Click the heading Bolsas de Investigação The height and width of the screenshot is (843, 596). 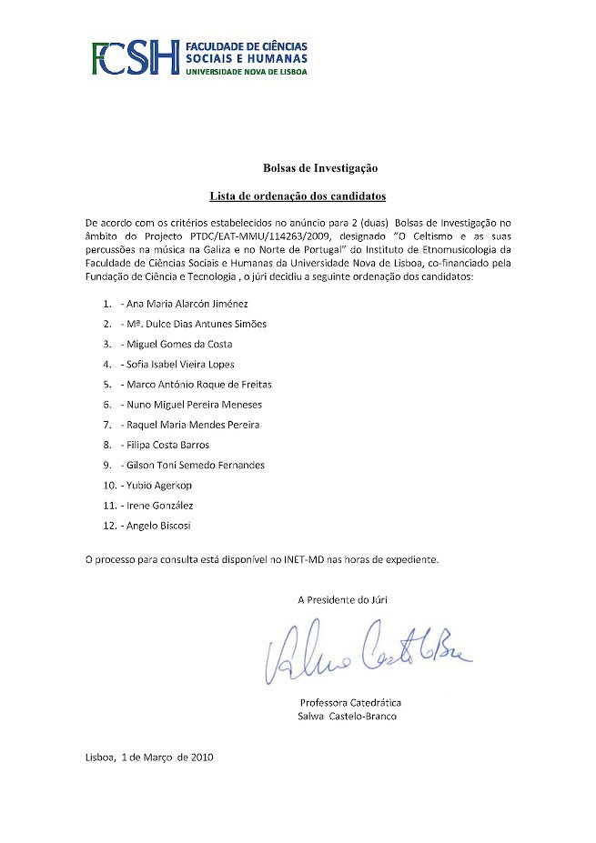(320, 168)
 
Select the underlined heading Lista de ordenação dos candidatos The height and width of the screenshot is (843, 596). (298, 196)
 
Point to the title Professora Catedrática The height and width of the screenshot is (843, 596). (350, 702)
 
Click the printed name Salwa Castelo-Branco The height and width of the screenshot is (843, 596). (348, 716)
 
